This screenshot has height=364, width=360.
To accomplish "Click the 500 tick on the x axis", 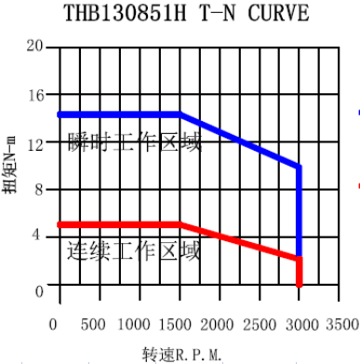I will point(93,323).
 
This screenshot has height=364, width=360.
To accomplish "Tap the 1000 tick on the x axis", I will point(136,323).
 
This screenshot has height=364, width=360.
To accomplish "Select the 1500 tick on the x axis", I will point(177,323).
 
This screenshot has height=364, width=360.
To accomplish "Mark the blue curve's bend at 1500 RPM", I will point(180,115).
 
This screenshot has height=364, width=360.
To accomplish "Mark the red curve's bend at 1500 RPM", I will point(180,224).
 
